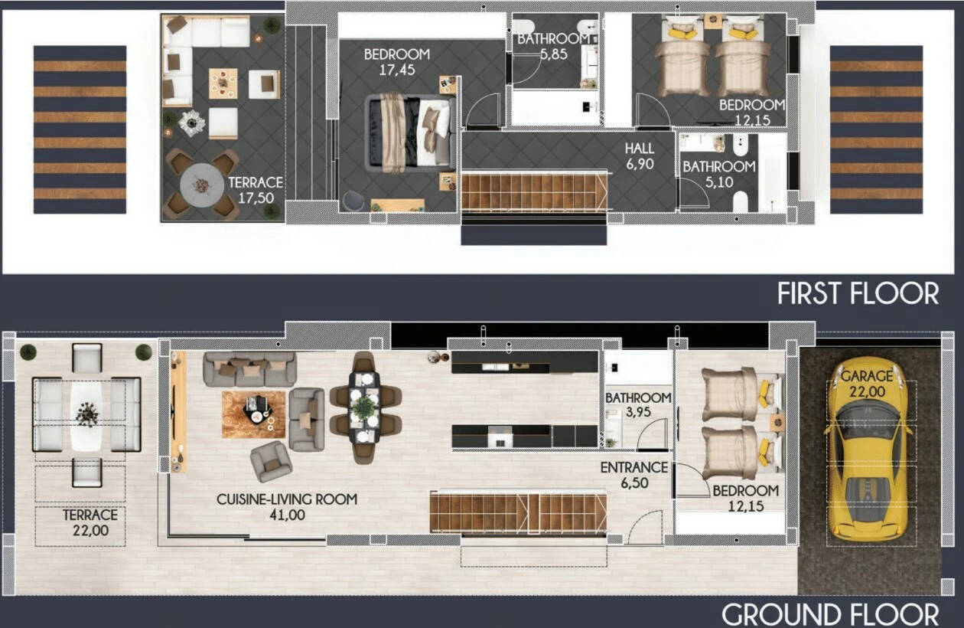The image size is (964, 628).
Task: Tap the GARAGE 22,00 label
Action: tap(867, 384)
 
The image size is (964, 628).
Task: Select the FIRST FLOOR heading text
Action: tap(858, 294)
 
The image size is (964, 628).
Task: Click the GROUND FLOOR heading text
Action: tap(830, 615)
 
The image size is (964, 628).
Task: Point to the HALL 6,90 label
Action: tap(640, 156)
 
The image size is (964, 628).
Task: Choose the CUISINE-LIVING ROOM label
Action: tap(287, 499)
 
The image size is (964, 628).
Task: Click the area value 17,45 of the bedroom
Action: tap(397, 70)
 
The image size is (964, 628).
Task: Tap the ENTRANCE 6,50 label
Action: tap(634, 475)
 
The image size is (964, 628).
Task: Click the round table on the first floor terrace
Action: tap(201, 185)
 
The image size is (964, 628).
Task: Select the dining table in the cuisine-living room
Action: tap(364, 407)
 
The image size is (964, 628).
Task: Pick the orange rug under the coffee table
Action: tap(253, 414)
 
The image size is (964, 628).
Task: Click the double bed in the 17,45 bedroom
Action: tap(410, 132)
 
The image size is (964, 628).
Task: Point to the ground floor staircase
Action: tap(518, 512)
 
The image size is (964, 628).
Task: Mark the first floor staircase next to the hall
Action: tap(534, 191)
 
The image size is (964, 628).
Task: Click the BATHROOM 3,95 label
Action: tap(638, 404)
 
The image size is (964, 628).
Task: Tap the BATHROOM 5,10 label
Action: tap(718, 174)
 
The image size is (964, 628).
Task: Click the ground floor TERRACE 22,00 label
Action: tap(90, 522)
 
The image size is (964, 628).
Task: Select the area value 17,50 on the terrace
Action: tap(256, 198)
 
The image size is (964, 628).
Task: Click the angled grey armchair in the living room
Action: tap(271, 461)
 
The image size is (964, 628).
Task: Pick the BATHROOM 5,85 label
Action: tap(553, 47)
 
